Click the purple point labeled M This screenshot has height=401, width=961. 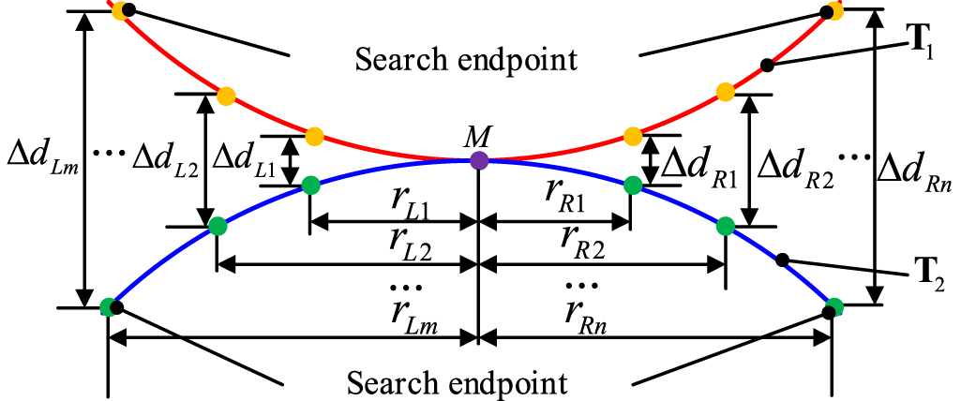[479, 160]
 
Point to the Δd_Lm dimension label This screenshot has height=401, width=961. [39, 155]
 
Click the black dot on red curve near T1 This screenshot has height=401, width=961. [767, 65]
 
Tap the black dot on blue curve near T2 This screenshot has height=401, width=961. [783, 260]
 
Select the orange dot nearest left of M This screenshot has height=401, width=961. [315, 136]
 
